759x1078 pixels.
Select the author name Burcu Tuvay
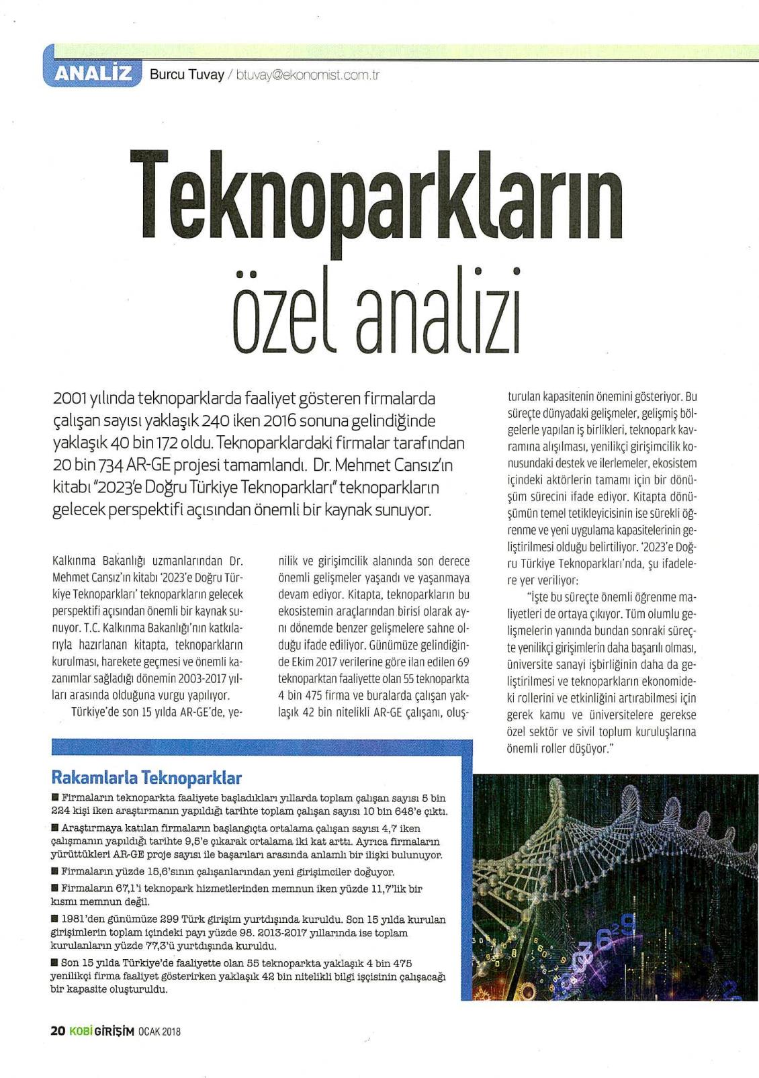tap(187, 75)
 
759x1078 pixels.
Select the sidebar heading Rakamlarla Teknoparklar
tap(146, 778)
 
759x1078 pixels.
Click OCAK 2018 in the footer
tap(159, 1032)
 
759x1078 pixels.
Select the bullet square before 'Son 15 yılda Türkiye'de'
tap(54, 962)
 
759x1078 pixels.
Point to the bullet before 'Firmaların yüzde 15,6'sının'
tap(54, 871)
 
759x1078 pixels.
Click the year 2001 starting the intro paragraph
tap(67, 399)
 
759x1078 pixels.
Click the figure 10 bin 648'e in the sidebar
tap(386, 811)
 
